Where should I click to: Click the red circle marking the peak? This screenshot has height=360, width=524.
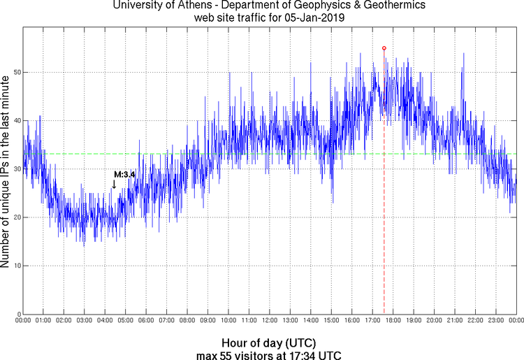click(x=384, y=48)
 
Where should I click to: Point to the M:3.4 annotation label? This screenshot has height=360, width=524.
click(x=124, y=174)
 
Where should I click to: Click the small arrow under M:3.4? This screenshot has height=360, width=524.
click(x=114, y=185)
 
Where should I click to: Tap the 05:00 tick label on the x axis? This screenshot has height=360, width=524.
click(x=125, y=321)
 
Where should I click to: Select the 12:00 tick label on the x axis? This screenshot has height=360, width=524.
click(x=269, y=321)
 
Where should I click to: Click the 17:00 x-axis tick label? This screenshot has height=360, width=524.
click(x=372, y=321)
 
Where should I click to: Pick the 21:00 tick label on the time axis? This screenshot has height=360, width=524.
click(x=454, y=321)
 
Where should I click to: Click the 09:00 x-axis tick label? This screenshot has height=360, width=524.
click(x=208, y=321)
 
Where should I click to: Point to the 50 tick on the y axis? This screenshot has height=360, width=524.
click(x=15, y=73)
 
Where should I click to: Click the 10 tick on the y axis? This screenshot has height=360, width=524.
click(x=15, y=266)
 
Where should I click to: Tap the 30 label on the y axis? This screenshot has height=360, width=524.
click(x=15, y=169)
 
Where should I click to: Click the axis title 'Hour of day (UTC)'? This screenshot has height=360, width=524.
click(x=269, y=343)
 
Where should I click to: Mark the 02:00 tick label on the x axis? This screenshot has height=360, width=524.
click(x=64, y=321)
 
